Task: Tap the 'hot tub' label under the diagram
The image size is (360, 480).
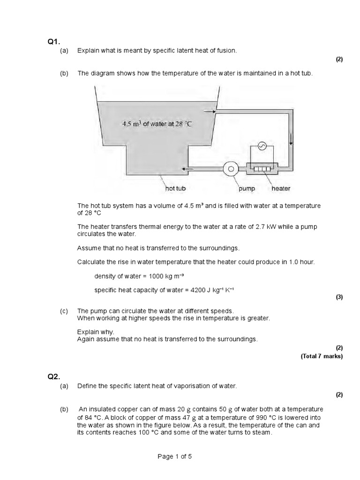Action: pos(176,188)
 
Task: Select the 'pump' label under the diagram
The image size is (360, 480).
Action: pos(247,188)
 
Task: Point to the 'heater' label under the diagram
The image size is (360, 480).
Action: pos(281,188)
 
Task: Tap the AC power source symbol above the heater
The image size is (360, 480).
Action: pos(262,147)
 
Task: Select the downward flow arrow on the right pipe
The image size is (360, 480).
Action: pos(291,138)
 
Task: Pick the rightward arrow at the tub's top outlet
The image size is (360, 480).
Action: pos(210,112)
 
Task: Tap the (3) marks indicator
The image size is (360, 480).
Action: pos(339,297)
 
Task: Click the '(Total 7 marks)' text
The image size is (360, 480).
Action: pos(322,356)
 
